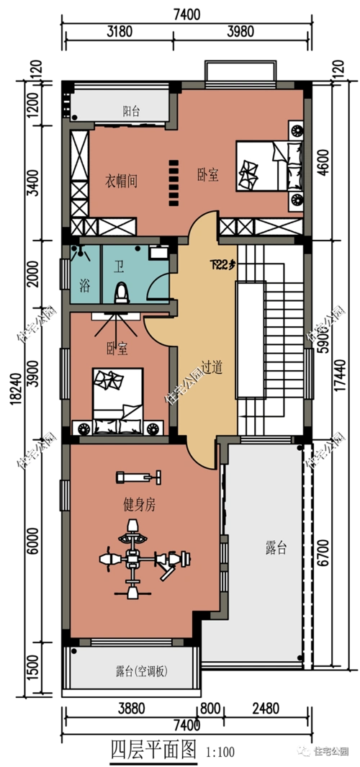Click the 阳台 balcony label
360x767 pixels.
pos(131,111)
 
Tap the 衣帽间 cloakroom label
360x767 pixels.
pos(121,179)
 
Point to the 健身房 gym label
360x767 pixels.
pos(139,506)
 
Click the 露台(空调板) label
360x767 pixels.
pos(141,672)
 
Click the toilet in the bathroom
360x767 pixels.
pos(121,292)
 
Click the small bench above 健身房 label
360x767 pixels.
pos(138,476)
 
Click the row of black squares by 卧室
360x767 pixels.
pos(173,181)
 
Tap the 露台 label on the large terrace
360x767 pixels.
pos(271,549)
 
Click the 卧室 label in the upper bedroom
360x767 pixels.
pos(208,175)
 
